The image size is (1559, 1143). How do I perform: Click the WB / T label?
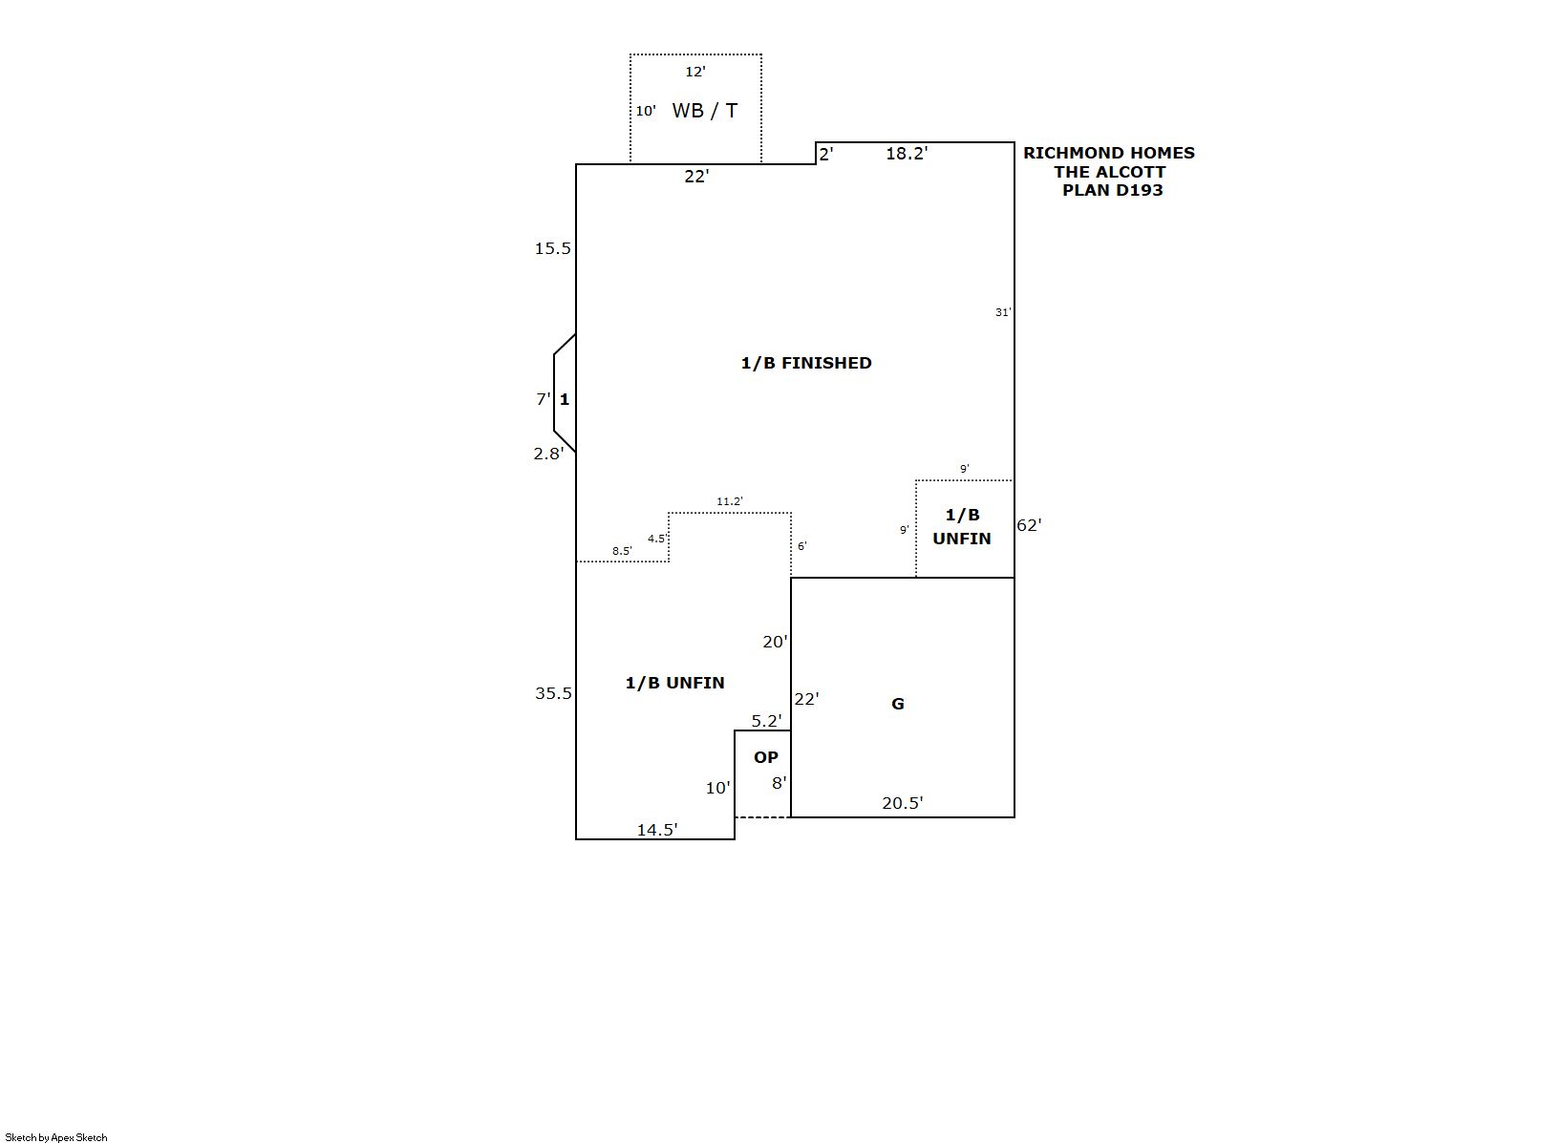point(704,111)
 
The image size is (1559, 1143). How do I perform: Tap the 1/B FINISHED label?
point(806,363)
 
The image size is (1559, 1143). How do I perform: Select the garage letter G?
point(898,704)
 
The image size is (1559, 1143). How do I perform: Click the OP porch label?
point(765,757)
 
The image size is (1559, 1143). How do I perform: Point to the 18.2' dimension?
point(907,154)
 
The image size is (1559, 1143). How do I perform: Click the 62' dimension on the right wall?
point(1029,525)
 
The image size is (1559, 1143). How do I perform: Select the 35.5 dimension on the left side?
point(553,693)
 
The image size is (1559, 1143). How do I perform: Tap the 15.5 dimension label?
point(552,248)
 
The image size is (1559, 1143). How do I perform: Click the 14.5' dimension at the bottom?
point(657,830)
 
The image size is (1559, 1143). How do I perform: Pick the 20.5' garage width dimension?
point(902,803)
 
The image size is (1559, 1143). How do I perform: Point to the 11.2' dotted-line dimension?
point(730,501)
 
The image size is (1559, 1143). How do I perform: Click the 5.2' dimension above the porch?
point(766,722)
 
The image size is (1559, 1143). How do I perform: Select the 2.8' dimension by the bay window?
point(548,454)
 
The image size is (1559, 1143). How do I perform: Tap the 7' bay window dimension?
point(543,399)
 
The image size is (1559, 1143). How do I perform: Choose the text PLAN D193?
point(1112,190)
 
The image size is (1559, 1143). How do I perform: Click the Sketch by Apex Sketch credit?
point(56,1137)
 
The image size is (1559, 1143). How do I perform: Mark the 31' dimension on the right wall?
point(1003,312)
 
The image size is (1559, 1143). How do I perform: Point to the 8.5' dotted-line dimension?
point(622,551)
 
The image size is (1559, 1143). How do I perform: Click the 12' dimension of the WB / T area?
point(695,72)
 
